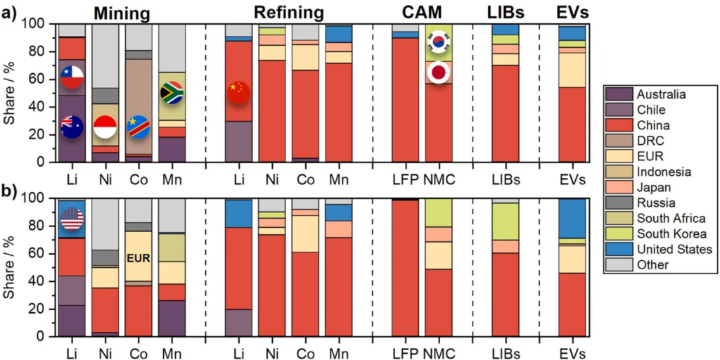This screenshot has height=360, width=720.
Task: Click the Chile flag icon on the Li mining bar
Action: (x=72, y=77)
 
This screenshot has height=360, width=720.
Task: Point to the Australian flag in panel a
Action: (x=72, y=126)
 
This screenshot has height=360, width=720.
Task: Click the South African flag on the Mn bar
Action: (x=172, y=93)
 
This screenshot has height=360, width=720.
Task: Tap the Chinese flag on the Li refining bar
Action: (x=239, y=92)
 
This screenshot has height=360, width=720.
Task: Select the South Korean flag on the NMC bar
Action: (x=439, y=41)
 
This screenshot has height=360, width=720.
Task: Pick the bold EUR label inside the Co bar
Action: (x=138, y=258)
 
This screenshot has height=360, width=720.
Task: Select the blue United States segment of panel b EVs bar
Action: (x=571, y=219)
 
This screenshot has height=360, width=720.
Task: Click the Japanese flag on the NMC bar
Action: (x=439, y=72)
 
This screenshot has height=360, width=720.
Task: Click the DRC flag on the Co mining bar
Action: (x=138, y=127)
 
